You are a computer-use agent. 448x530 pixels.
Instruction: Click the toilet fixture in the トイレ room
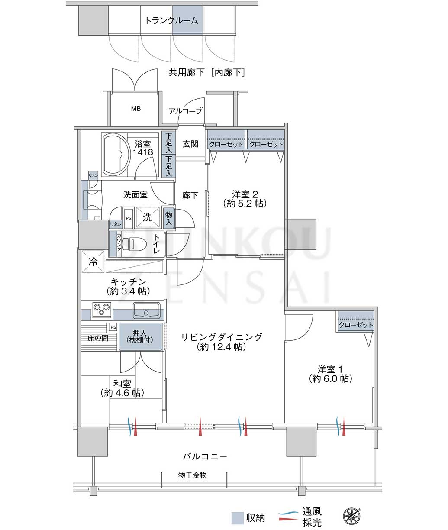134,244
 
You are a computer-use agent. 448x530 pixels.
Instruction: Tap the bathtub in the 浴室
115,155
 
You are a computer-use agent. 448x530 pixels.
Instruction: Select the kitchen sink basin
146,310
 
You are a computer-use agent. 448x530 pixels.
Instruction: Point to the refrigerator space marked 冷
93,262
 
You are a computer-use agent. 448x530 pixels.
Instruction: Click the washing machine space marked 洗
147,217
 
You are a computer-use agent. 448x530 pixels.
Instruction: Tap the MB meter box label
136,109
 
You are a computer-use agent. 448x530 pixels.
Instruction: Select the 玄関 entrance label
190,144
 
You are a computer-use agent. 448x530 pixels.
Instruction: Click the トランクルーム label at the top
171,20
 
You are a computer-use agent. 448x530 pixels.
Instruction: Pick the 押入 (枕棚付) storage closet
140,337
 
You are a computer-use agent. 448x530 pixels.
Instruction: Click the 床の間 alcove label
98,338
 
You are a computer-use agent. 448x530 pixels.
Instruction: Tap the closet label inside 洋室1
356,325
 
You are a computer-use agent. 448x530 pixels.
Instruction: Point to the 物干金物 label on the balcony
192,475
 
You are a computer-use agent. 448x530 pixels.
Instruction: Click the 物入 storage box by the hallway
168,218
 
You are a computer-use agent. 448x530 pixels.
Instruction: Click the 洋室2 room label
245,199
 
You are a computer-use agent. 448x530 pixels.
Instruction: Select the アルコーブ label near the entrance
185,111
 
